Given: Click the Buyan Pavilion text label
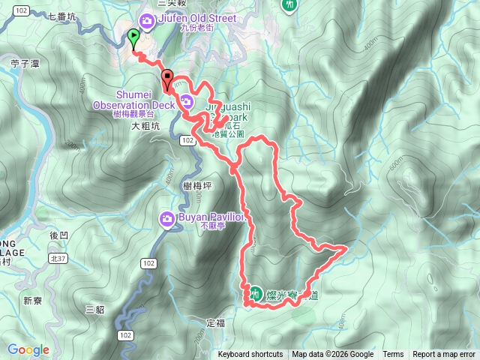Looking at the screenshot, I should pos(212,219).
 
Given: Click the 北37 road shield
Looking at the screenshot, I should pos(58,258).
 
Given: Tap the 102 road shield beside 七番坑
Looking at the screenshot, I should pos(21,9).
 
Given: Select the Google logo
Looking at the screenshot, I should pos(28,349).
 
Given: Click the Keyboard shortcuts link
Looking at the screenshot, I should pos(250,355).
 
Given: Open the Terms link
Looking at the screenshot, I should pos(393,355).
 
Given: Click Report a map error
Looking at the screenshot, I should pos(444,355).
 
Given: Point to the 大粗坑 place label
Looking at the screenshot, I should pos(145,127).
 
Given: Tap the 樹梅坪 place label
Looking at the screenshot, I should pos(196,184).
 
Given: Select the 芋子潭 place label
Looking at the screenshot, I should pos(25,64).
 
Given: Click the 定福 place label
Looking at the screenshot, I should pos(214,322).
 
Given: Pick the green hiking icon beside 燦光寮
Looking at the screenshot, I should pos(255,295).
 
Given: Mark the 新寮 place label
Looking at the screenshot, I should pos(32,301).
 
